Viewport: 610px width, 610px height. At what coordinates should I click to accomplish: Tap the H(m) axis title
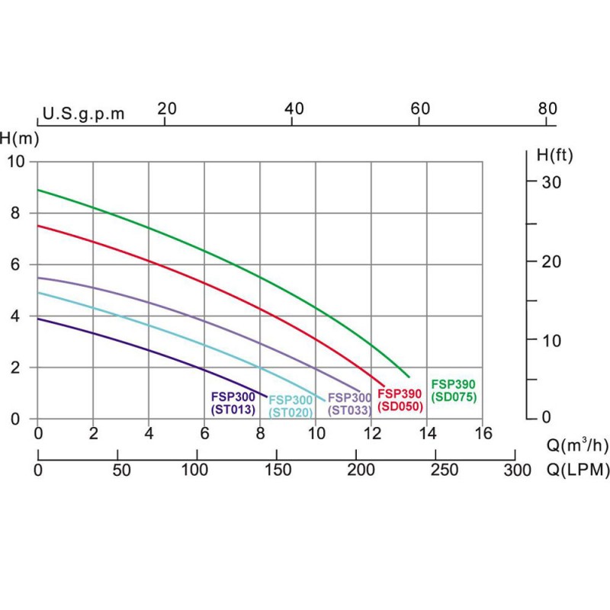(20, 139)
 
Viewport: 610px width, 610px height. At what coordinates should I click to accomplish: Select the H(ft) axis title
(554, 156)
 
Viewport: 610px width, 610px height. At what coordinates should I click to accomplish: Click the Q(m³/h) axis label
(578, 444)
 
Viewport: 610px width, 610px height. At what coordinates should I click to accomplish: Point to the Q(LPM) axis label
(578, 470)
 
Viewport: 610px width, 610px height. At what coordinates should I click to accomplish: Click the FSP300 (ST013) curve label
(233, 403)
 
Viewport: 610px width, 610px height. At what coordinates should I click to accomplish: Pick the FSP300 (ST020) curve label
(290, 406)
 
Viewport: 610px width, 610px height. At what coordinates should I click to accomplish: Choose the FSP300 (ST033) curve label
(349, 403)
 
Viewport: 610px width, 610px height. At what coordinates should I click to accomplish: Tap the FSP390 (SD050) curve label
(400, 400)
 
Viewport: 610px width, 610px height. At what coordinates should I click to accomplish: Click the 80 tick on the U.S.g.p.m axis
(547, 108)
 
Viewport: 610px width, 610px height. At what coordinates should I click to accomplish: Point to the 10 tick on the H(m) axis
(16, 162)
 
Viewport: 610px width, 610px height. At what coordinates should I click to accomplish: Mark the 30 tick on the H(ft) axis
(551, 182)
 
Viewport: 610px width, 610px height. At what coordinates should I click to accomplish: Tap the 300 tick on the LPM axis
(517, 470)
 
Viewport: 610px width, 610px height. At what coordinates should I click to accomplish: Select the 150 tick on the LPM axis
(277, 470)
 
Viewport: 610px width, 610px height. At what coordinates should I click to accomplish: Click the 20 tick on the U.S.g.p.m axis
(166, 108)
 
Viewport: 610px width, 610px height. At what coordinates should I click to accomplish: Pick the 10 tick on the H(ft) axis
(551, 340)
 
